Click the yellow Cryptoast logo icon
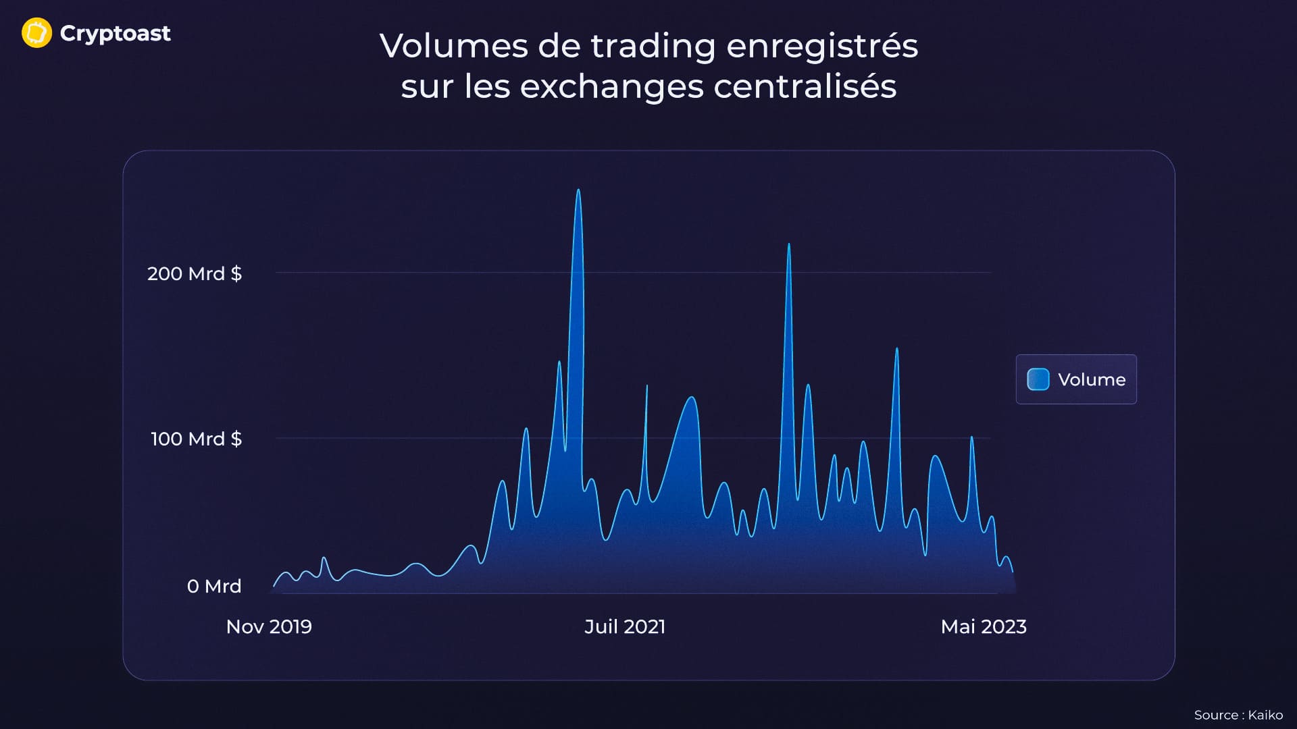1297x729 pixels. click(x=36, y=33)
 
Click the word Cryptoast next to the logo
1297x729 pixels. click(x=115, y=33)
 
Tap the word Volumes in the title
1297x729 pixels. click(x=453, y=47)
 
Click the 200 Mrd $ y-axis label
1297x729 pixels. click(x=194, y=273)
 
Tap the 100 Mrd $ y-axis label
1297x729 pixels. click(x=196, y=439)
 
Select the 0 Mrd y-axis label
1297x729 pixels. click(x=213, y=586)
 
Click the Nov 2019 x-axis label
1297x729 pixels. click(x=269, y=626)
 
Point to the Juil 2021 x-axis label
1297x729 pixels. click(x=625, y=626)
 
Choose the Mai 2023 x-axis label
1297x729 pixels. click(x=984, y=626)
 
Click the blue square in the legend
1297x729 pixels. click(x=1038, y=379)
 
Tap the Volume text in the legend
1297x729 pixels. click(x=1092, y=379)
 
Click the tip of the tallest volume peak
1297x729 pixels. click(x=578, y=190)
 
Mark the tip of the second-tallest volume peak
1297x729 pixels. click(x=789, y=244)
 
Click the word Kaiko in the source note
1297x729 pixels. click(x=1265, y=715)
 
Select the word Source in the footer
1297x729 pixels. click(x=1216, y=715)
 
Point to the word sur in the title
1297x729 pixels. click(x=426, y=87)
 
